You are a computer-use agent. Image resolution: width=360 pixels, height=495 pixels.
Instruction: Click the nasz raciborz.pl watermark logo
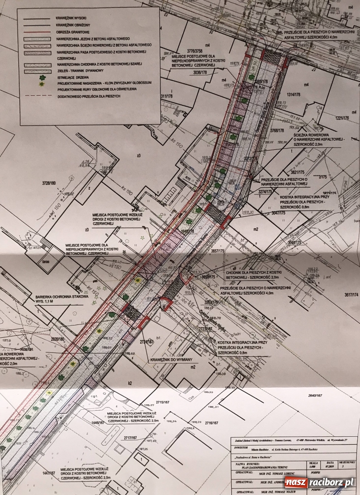pyautogui.click(x=319, y=482)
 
